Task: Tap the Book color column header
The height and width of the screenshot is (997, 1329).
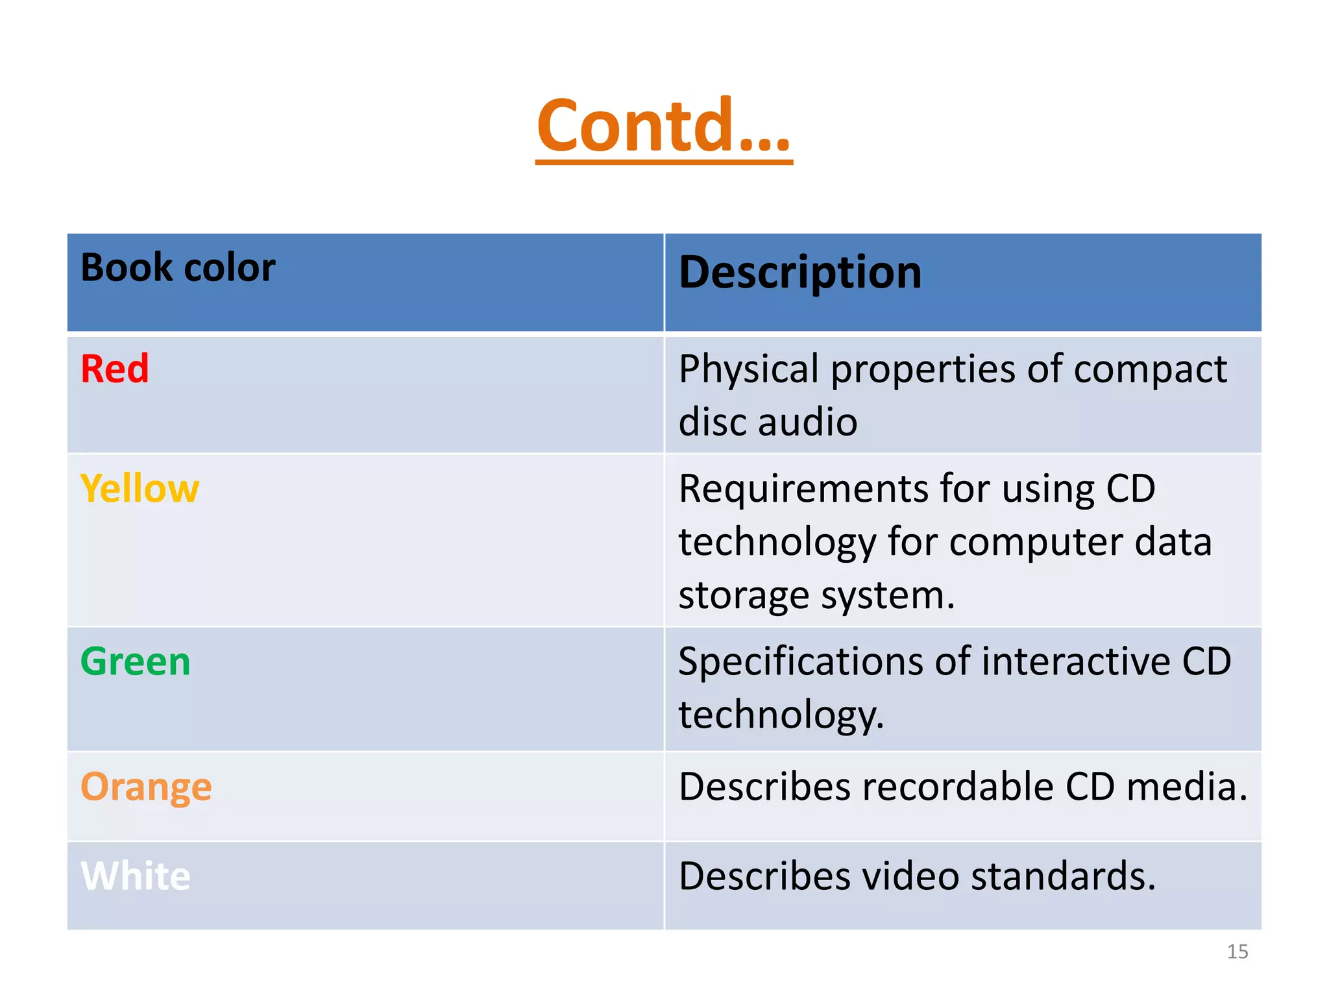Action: pos(178,267)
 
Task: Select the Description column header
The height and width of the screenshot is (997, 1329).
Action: pos(799,272)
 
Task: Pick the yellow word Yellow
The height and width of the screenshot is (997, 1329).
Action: pos(140,488)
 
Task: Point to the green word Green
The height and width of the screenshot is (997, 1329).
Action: pos(135,661)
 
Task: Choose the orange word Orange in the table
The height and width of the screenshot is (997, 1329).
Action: pos(146,787)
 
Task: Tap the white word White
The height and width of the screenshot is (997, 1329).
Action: pos(135,876)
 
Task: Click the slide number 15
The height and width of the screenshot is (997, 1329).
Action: pos(1237,952)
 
